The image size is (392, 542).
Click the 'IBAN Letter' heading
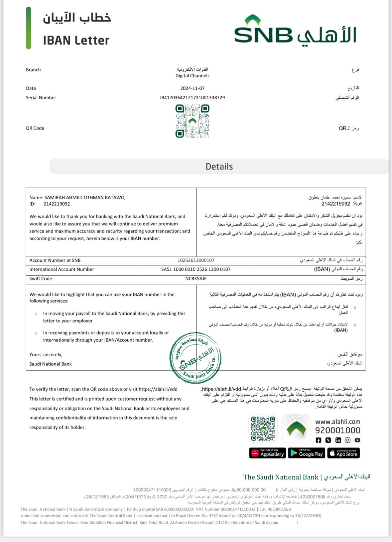pos(76,41)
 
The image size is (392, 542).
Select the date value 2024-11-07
pos(193,88)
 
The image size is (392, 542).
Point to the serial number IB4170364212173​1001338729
pos(193,98)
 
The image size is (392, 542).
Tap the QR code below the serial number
pos(193,121)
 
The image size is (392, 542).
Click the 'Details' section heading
pos(219,166)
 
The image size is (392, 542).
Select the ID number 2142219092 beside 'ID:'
pos(57,204)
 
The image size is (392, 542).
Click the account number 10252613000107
pos(196,260)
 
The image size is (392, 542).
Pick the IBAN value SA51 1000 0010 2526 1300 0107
pos(196,269)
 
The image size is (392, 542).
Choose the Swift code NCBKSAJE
pos(196,279)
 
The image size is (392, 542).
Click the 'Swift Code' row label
pos(41,279)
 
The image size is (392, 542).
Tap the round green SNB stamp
pos(196,358)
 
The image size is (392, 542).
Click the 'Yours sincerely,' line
pos(46,355)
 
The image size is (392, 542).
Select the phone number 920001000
pos(337,430)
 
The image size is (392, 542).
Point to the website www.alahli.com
pos(337,422)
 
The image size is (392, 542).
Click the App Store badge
pos(343,453)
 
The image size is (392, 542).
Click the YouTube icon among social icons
pos(357,440)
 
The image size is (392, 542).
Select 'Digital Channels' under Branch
pos(193,76)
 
